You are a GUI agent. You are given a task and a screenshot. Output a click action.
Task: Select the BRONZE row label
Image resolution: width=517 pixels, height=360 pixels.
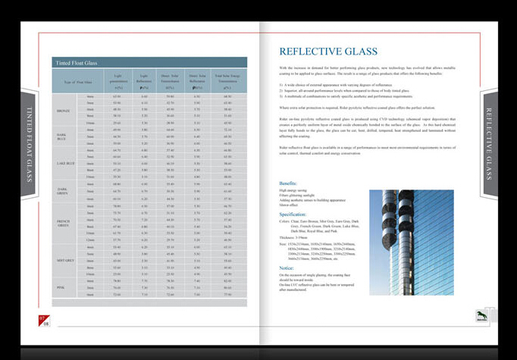[x=64, y=111]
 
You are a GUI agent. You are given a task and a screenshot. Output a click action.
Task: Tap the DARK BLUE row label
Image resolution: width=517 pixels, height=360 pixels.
[x=64, y=136]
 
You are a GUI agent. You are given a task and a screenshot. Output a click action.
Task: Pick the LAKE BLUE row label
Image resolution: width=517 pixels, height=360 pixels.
[x=64, y=163]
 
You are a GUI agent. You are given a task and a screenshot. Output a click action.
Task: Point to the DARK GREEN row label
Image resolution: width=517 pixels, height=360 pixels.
[x=64, y=189]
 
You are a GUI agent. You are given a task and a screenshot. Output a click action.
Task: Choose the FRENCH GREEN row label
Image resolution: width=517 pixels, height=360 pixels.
[x=64, y=224]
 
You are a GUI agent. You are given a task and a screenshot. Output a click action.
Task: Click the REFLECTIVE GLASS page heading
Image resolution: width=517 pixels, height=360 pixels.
[x=327, y=52]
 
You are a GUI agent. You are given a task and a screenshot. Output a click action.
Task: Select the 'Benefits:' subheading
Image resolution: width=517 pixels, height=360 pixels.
[x=288, y=183]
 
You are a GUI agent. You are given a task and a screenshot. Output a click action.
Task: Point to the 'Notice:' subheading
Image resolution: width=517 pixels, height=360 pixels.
[x=286, y=268]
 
